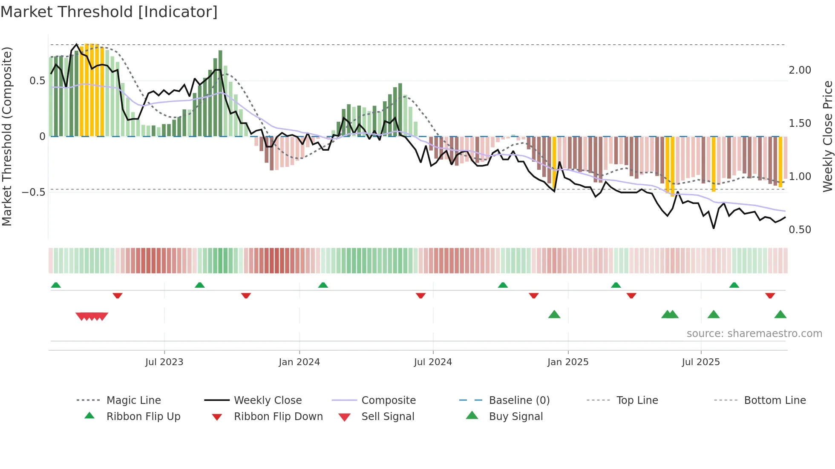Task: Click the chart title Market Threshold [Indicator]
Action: [x=109, y=12]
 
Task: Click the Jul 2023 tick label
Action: [x=164, y=362]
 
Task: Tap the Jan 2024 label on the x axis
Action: [x=299, y=362]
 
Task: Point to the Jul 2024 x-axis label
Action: [x=433, y=362]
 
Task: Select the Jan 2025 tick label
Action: [x=568, y=362]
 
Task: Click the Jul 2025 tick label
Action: [x=701, y=362]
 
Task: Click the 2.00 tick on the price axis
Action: [x=800, y=70]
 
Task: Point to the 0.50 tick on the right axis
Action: [x=800, y=230]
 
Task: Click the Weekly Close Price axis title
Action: [x=827, y=136]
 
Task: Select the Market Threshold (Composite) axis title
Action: [x=7, y=136]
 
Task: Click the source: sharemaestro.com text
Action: [x=754, y=334]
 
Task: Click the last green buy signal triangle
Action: [x=780, y=315]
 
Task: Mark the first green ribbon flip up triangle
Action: [x=56, y=285]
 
